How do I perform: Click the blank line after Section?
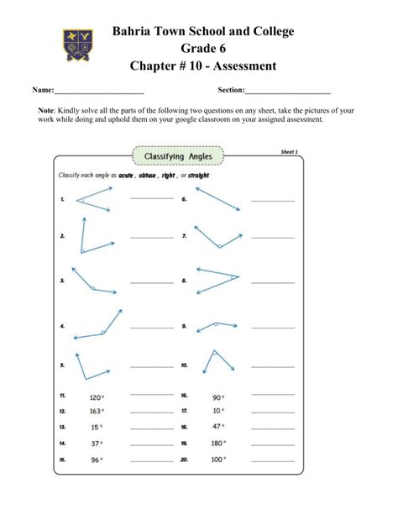[287, 90]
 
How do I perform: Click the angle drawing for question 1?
[94, 199]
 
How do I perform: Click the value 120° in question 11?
[96, 397]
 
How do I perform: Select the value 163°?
[96, 412]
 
